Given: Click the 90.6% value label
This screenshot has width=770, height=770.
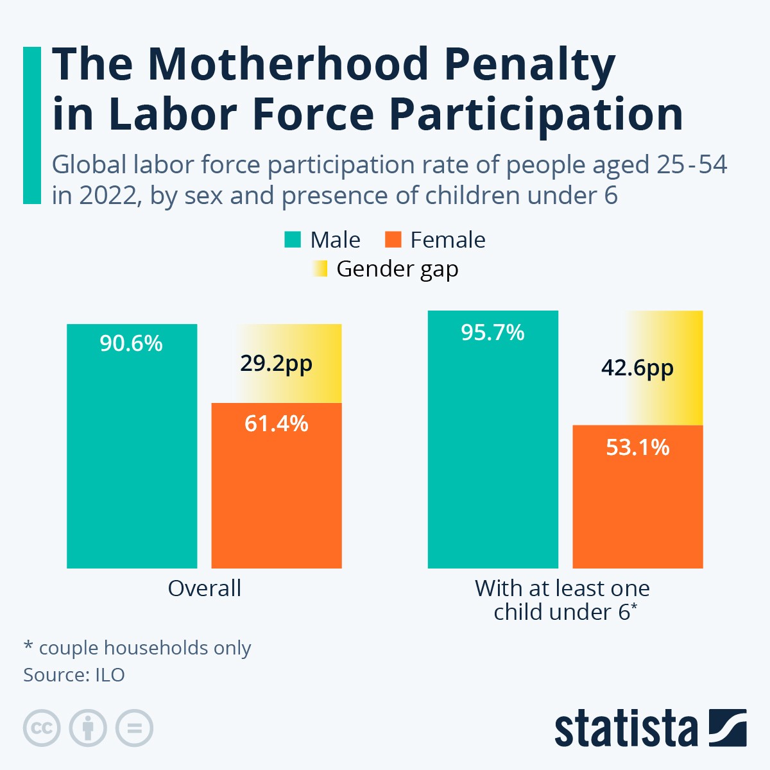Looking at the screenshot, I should [131, 344].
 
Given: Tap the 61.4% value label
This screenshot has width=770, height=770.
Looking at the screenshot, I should [277, 424].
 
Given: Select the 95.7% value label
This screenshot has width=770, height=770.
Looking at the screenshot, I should [492, 332].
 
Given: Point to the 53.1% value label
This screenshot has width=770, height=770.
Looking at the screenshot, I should [637, 447].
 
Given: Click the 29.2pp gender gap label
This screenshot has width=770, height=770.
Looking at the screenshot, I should [277, 364].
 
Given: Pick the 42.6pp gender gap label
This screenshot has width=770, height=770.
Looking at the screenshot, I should [637, 368].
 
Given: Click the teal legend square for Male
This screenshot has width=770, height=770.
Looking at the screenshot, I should [293, 240].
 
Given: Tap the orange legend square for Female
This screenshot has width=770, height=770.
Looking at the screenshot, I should [393, 240].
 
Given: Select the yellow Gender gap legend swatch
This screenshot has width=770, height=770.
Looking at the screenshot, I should [320, 268].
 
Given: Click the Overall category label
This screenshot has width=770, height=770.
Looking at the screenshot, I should [204, 588].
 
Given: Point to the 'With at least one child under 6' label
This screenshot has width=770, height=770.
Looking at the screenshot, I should [563, 600].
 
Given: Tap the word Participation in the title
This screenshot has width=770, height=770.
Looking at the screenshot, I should [536, 114].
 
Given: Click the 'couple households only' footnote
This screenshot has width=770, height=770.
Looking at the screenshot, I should [144, 648].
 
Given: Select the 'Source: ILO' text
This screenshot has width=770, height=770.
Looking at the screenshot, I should [74, 675].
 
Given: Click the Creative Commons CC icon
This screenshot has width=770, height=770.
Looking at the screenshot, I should [42, 728].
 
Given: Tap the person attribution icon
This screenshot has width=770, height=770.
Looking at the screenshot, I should [88, 728].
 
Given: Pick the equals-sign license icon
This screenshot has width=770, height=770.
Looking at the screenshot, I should [134, 728].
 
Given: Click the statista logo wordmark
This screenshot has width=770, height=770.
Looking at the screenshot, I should [626, 729].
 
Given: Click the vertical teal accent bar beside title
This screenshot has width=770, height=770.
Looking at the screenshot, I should [31, 125].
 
